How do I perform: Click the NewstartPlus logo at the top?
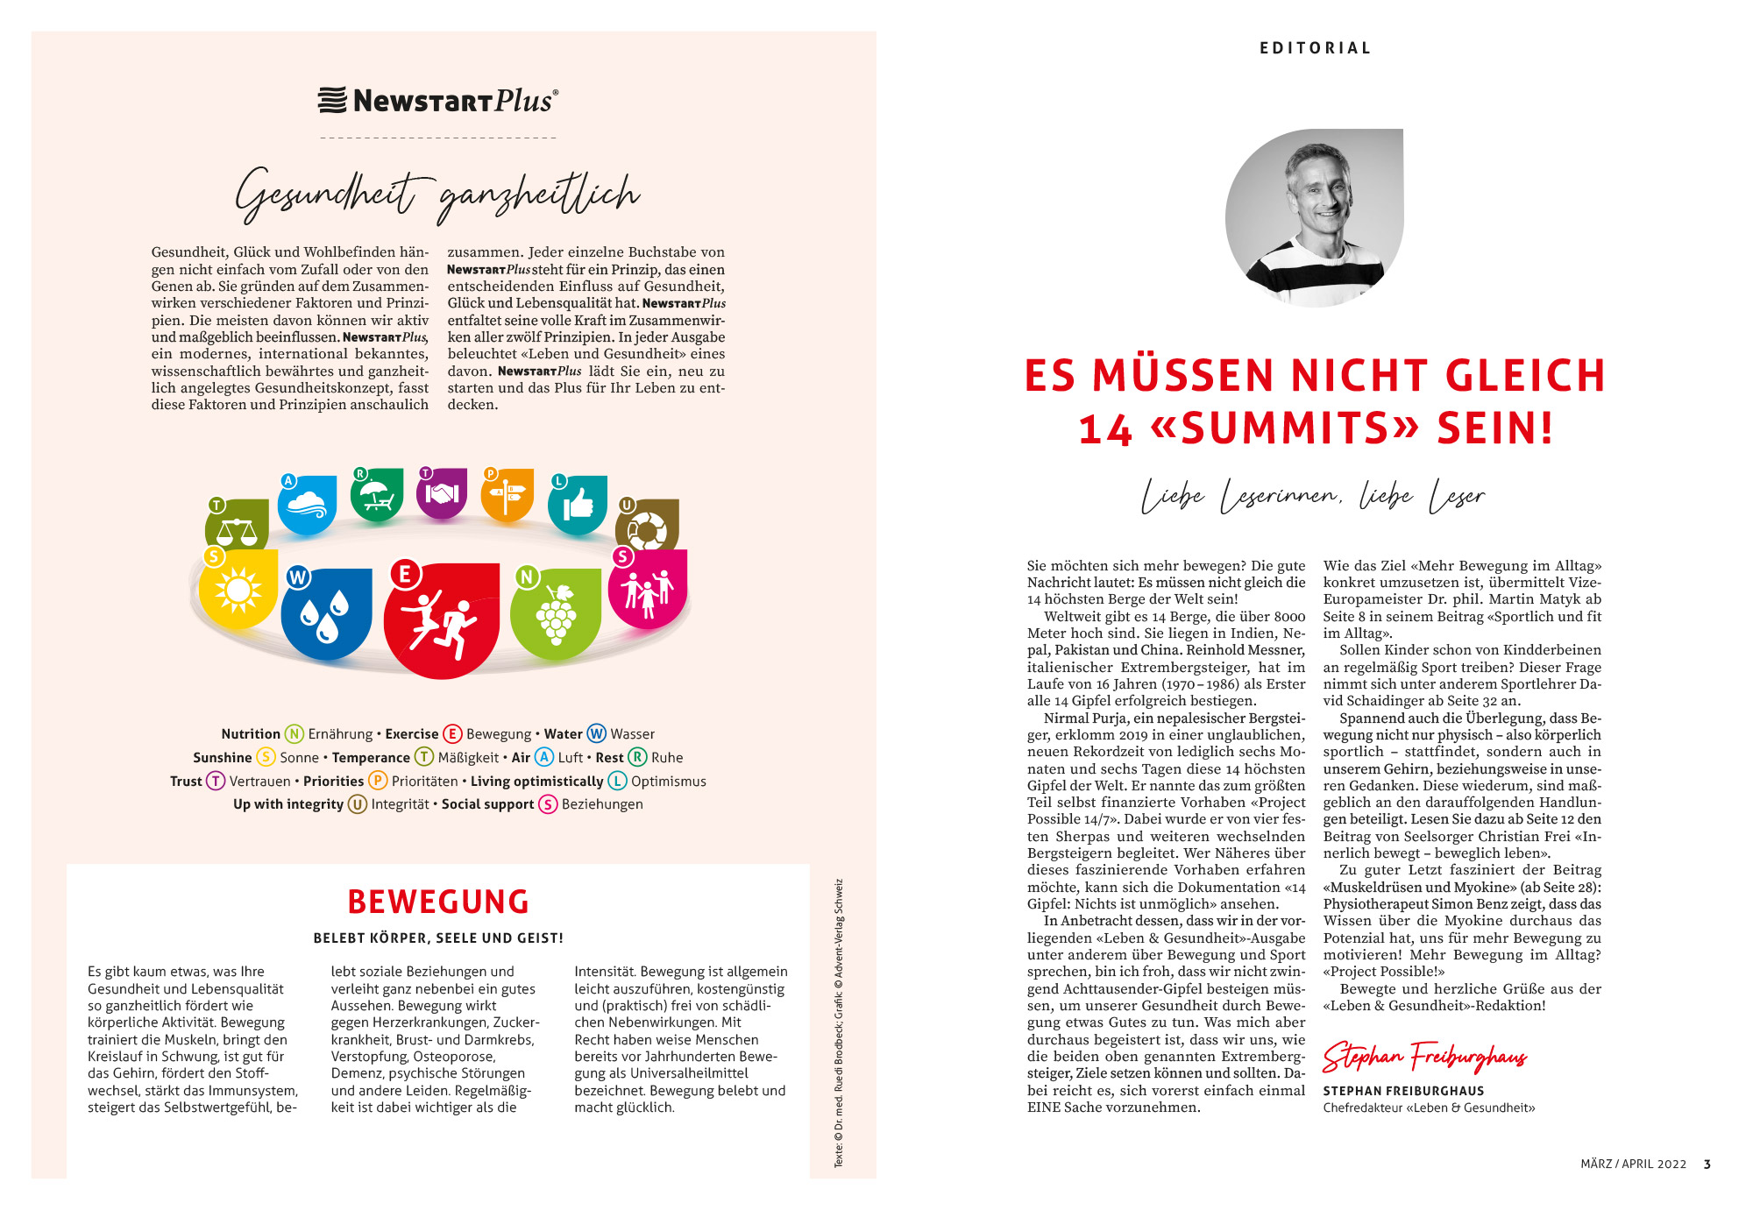[438, 101]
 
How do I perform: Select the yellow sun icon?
[238, 590]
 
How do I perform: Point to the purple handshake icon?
[442, 493]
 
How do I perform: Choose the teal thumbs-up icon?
[578, 506]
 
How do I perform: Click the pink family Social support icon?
[647, 590]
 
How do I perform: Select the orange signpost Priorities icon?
[507, 495]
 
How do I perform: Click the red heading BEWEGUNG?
[438, 902]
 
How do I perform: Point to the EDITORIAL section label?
[1315, 48]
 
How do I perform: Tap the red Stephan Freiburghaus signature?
[1424, 1058]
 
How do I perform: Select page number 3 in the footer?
[1707, 1164]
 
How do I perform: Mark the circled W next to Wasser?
[597, 734]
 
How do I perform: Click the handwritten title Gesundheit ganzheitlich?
[438, 195]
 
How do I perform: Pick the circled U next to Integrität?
[358, 804]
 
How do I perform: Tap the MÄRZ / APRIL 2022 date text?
[1633, 1164]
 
